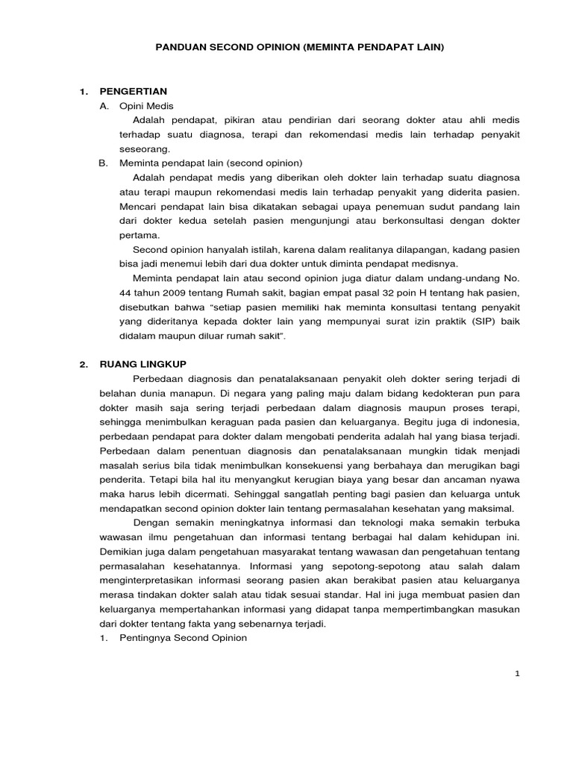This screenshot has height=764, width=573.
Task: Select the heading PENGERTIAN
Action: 134,92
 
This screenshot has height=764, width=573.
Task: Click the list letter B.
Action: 103,163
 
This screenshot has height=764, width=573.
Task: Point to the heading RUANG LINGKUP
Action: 143,364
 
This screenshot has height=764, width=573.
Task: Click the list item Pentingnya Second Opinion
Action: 183,639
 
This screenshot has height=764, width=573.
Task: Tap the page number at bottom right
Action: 516,674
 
